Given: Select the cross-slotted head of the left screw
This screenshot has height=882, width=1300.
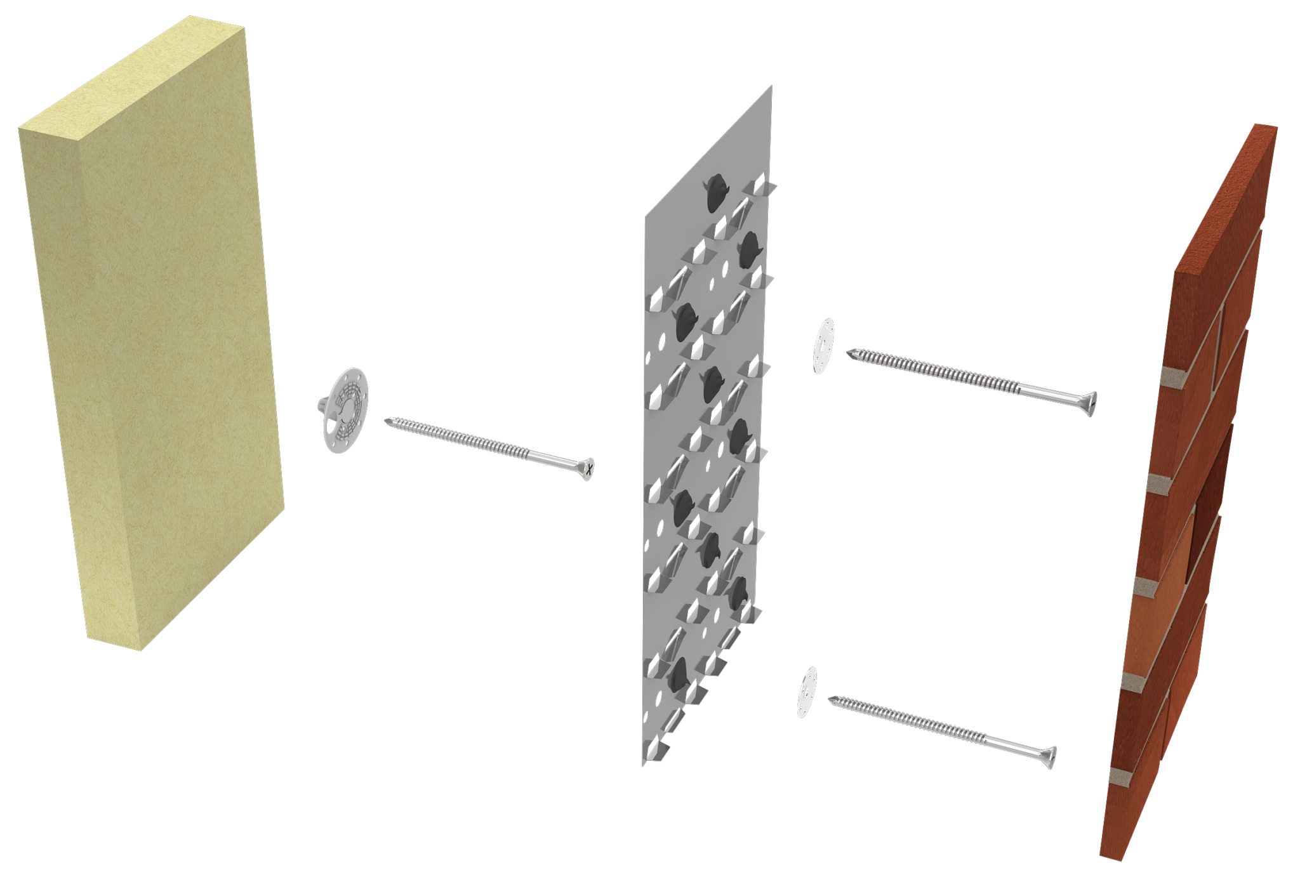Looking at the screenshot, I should tap(589, 469).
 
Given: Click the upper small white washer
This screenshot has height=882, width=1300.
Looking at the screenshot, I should tap(824, 346).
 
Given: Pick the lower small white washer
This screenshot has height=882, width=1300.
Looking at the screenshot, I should tap(807, 692).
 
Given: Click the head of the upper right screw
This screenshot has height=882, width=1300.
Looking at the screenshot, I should tap(1090, 404).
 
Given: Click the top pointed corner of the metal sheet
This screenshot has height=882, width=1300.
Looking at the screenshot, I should tap(771, 87).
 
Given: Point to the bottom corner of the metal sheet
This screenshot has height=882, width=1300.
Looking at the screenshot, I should tap(644, 764).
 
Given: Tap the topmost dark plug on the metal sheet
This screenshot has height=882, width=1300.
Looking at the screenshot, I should tap(716, 189).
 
